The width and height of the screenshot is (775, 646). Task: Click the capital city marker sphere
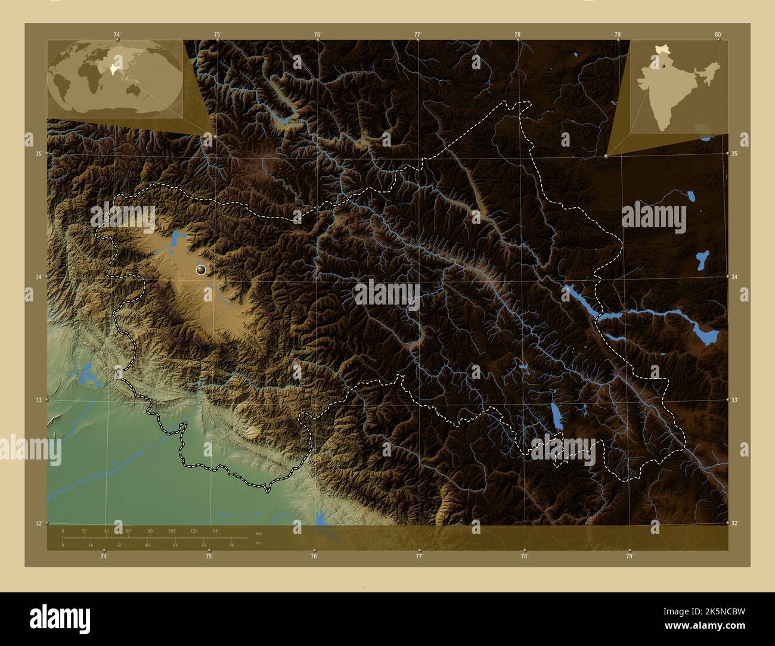(x=201, y=270)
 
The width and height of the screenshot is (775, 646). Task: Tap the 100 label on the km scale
(x=172, y=530)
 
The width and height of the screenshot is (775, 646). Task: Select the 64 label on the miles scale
(x=175, y=545)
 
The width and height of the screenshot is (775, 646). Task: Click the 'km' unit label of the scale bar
(x=258, y=533)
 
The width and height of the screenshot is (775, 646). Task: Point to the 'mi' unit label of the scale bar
(x=258, y=543)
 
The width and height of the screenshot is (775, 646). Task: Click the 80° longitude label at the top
(x=719, y=34)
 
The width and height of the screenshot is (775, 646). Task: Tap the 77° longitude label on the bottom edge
(x=419, y=557)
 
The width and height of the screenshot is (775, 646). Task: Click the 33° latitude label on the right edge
(x=735, y=400)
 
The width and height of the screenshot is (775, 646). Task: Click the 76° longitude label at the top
(x=318, y=35)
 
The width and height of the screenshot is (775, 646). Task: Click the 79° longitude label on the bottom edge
(x=630, y=557)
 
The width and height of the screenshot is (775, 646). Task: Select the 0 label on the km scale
(x=63, y=530)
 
